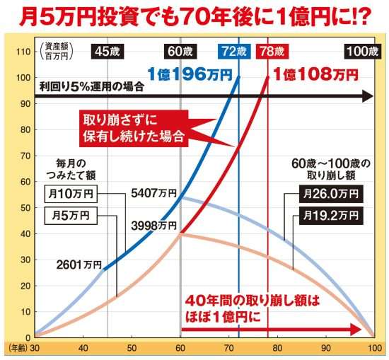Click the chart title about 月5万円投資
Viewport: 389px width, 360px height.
tap(194, 16)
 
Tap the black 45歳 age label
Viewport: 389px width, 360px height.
tap(107, 52)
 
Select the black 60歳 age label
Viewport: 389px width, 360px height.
tap(182, 52)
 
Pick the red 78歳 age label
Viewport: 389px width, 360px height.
tap(269, 52)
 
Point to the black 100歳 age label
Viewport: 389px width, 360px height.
tap(362, 52)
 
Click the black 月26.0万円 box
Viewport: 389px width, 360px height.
tap(330, 192)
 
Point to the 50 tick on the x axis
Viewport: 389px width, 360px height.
tap(132, 348)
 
